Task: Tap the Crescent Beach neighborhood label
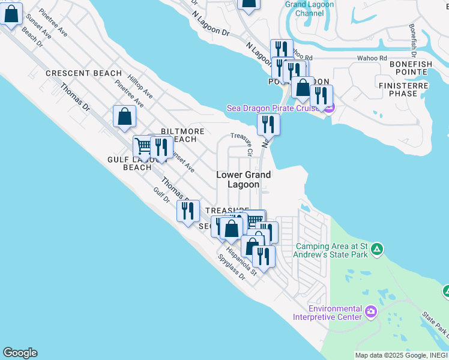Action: coord(84,73)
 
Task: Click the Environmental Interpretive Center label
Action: coord(328,312)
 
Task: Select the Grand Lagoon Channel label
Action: coord(310,8)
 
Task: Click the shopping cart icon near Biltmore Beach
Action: coord(143,146)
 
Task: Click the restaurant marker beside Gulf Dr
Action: coord(188,211)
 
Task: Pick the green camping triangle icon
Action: coord(377,248)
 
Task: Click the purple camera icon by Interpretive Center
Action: coord(371,311)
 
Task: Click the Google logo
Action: coord(20,353)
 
